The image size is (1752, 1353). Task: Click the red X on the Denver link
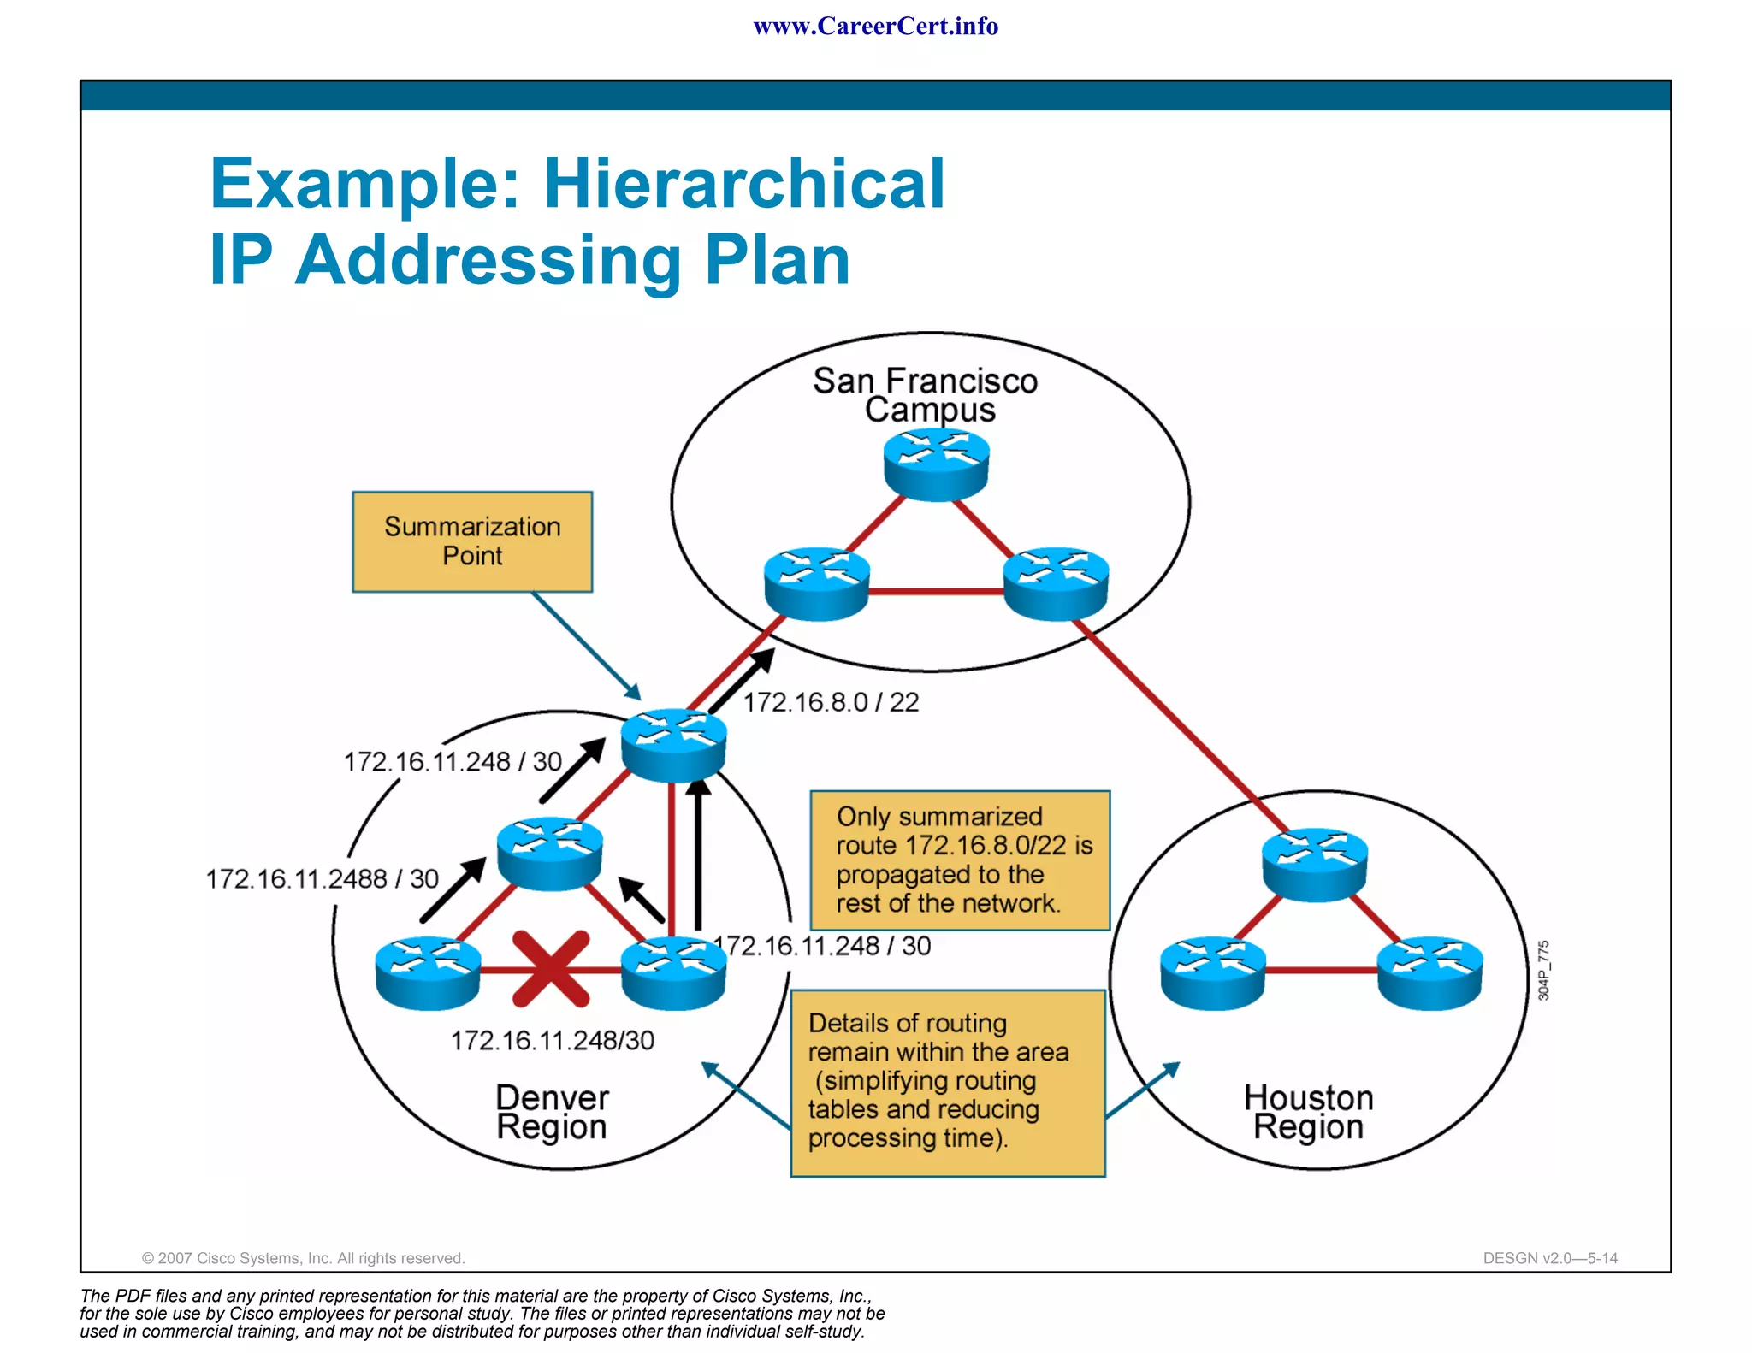(551, 968)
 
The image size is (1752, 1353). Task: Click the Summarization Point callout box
(472, 541)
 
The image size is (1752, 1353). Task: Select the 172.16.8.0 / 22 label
(831, 702)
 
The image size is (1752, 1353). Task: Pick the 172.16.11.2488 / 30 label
(322, 878)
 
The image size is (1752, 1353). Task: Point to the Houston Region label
(1308, 1112)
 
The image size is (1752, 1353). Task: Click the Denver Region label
(552, 1112)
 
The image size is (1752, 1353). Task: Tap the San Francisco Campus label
(926, 394)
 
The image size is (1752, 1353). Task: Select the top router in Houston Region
(1314, 864)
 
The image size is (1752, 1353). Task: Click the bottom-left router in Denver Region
(428, 972)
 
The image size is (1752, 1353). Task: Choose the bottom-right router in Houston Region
(1429, 972)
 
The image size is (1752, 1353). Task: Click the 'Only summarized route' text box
(960, 860)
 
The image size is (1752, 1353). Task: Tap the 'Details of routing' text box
(948, 1082)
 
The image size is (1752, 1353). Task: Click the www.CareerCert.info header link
(875, 27)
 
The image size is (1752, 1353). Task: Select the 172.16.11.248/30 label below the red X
(552, 1040)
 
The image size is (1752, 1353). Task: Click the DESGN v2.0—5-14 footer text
(1550, 1258)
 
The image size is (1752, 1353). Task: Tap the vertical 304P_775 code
(1543, 970)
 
